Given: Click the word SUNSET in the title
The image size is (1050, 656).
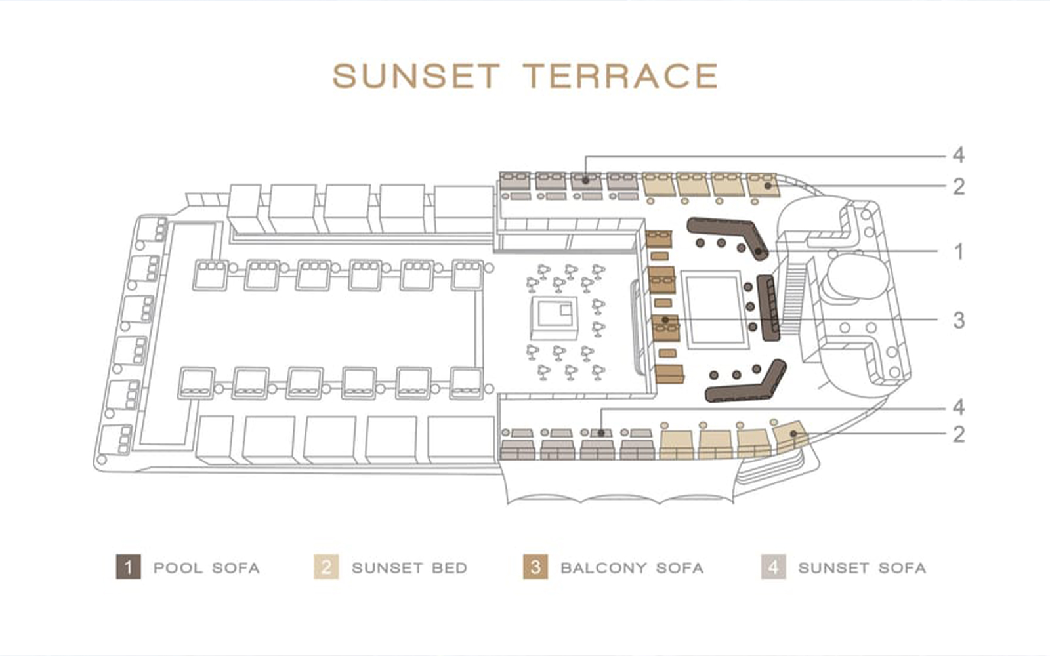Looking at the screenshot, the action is coord(416,76).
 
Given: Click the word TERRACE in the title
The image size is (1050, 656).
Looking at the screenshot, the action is coord(621,76).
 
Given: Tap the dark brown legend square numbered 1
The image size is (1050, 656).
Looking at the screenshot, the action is coord(128,567).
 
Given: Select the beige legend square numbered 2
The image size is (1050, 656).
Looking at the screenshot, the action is coord(326,567).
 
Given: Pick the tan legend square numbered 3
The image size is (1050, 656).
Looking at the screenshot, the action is coord(535,567).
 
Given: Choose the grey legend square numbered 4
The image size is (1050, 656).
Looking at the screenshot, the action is coord(774,567).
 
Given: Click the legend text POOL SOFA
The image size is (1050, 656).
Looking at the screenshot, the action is coord(206,567).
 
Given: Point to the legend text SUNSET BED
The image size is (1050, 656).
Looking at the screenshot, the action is coord(409,567).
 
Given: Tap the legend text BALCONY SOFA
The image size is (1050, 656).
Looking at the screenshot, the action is coord(632,567).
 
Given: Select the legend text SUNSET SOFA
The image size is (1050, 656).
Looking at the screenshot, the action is coord(862,567).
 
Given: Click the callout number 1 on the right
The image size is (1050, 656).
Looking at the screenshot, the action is coord(959,252).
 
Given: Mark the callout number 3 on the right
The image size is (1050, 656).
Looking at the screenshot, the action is coord(959,321).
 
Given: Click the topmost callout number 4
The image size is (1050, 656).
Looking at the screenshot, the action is coord(959,155).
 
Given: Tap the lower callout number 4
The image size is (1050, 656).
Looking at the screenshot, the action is coord(959,407).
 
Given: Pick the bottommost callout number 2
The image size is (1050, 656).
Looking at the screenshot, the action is coord(959,434).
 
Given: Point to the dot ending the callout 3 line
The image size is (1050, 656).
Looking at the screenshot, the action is coord(665,320).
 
